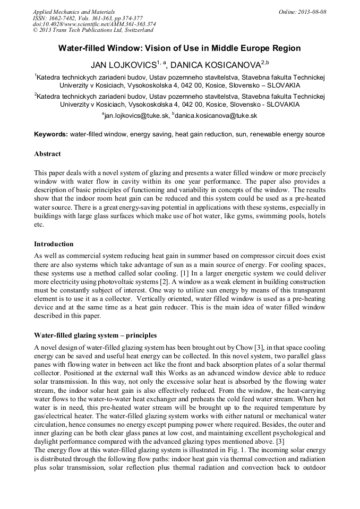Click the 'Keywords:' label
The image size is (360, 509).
[51, 134]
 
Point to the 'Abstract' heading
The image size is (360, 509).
[47, 154]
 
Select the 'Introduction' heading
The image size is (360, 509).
[54, 244]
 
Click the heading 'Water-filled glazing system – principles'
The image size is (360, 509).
[95, 335]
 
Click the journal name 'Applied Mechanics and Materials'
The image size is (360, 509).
[73, 12]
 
